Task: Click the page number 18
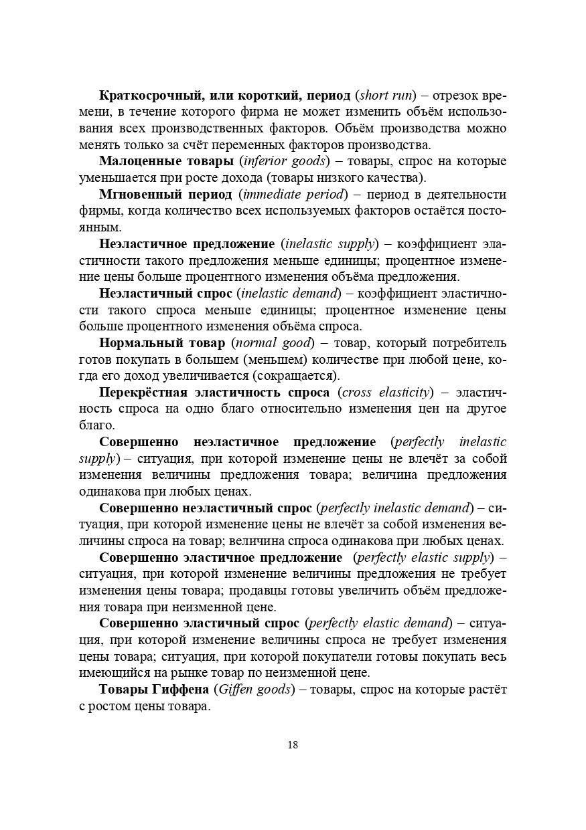293,744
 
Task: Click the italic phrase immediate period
295,195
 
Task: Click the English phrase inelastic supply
330,244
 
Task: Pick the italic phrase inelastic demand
289,294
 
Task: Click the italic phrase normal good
272,343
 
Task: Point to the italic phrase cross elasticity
386,393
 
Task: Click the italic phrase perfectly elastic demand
379,623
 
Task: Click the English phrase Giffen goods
252,690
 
